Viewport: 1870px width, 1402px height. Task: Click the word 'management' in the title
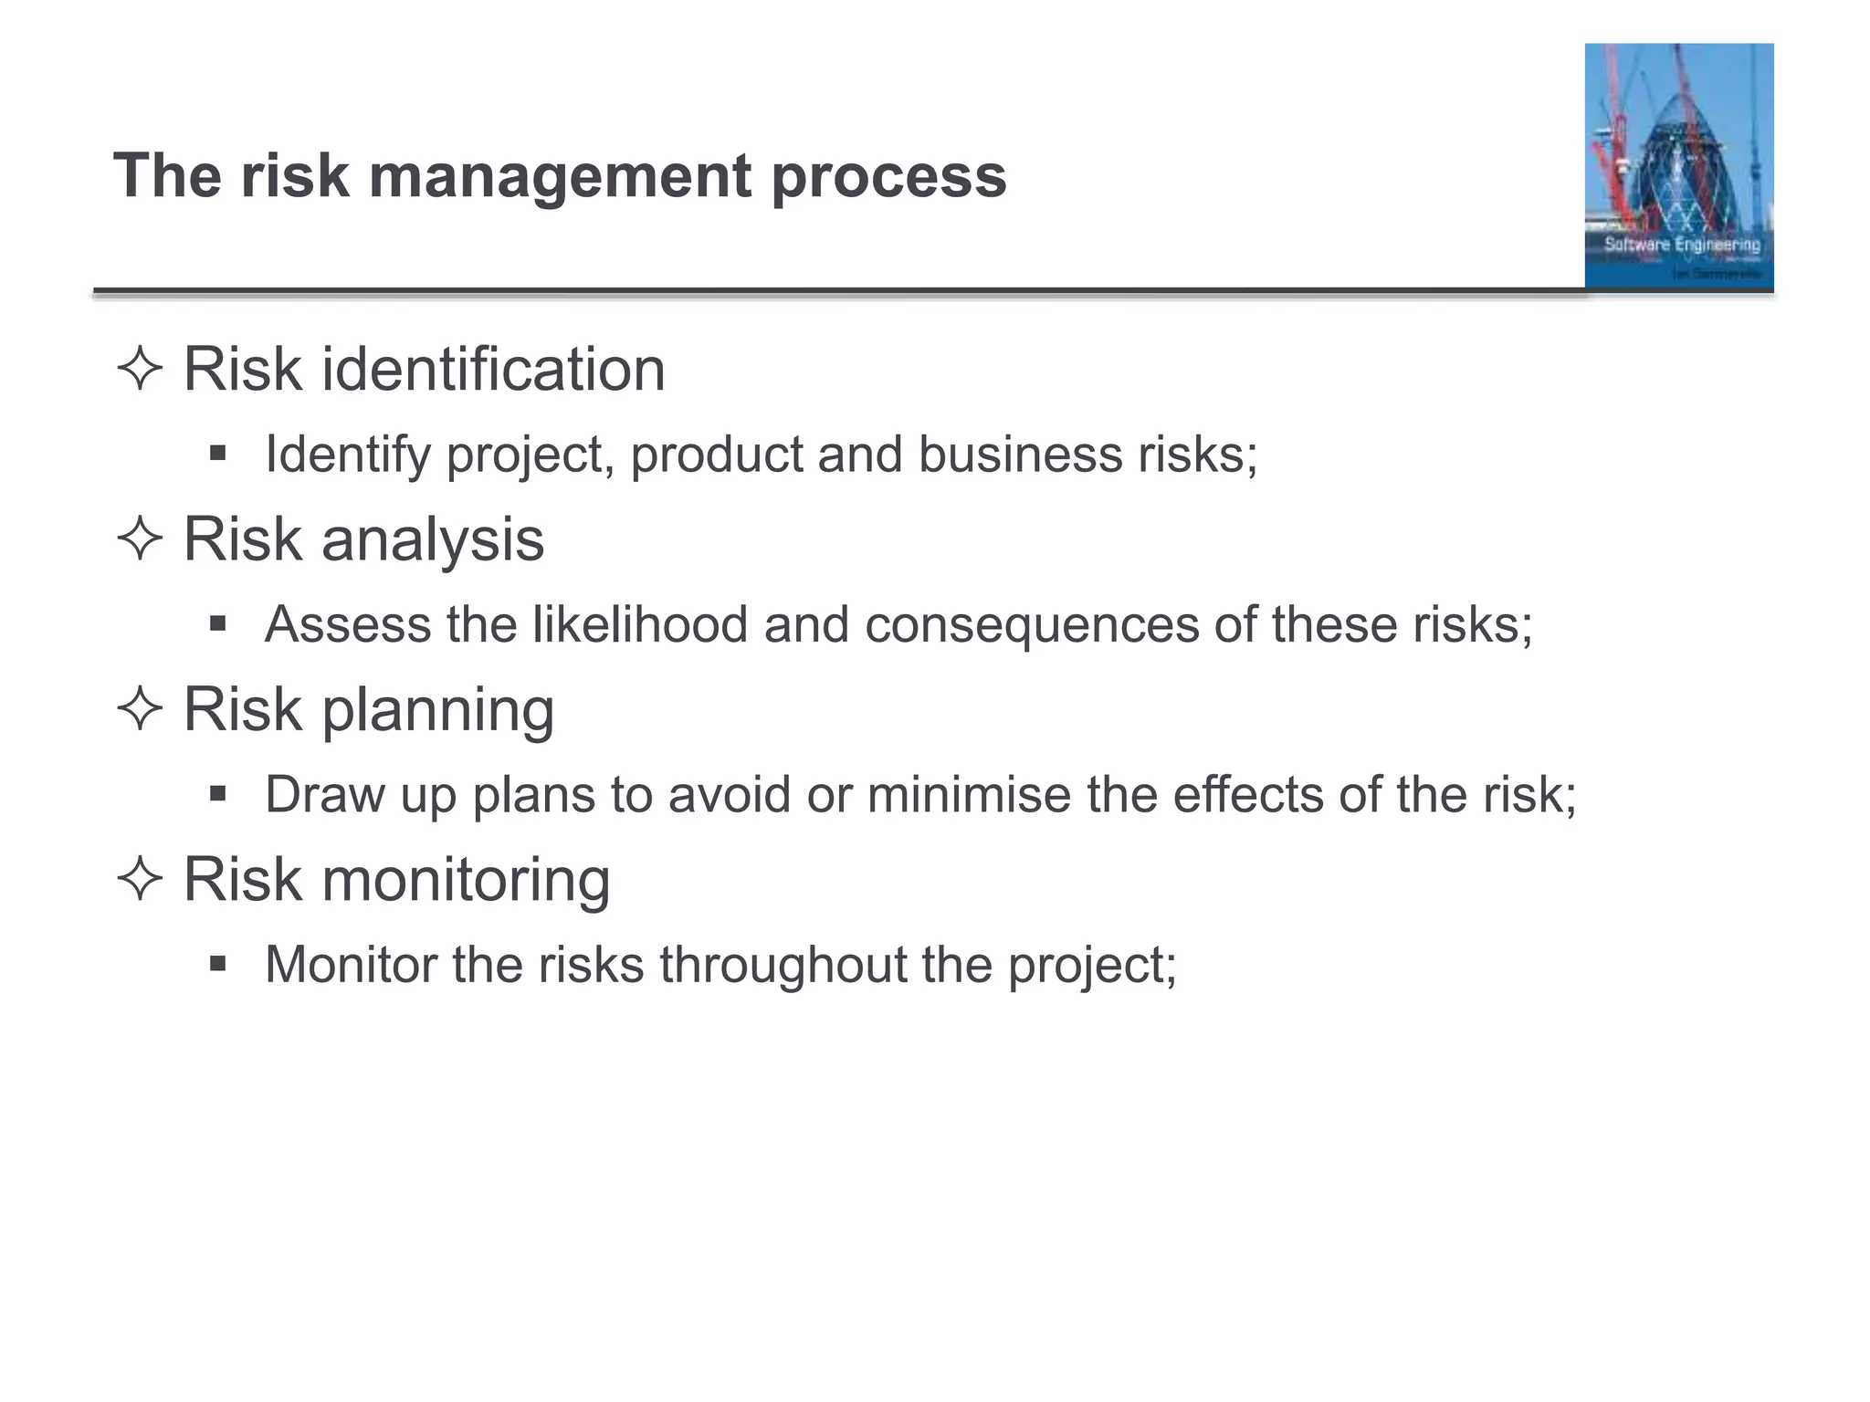coord(560,176)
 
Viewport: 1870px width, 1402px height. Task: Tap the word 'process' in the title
coord(888,176)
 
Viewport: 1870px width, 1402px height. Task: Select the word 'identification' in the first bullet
coord(493,370)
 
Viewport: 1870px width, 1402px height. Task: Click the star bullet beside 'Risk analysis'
coord(140,539)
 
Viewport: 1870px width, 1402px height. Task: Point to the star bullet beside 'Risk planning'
coord(140,709)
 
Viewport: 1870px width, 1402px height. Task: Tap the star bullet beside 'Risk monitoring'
coord(140,879)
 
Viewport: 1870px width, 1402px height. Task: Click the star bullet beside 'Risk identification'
coord(140,370)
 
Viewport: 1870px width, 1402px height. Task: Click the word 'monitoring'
coord(466,879)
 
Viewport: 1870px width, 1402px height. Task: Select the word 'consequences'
coord(1031,625)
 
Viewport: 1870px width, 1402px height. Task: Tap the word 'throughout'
coord(782,965)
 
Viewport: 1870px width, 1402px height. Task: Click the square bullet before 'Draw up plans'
coord(217,793)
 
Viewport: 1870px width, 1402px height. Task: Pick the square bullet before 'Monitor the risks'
coord(217,963)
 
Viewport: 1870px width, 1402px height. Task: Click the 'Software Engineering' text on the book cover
coord(1682,245)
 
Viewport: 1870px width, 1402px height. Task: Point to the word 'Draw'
coord(325,794)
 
